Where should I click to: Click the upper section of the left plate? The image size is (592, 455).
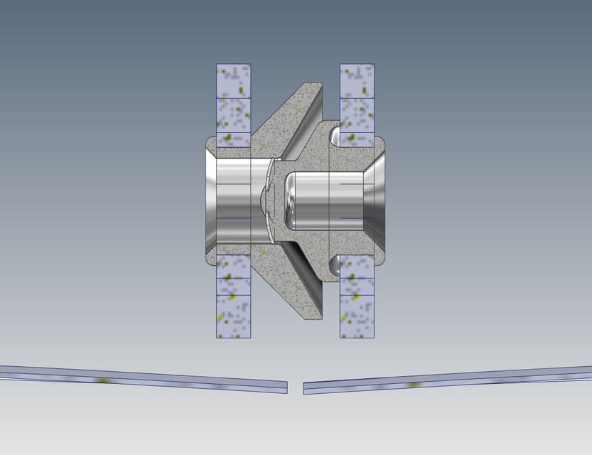coord(234,105)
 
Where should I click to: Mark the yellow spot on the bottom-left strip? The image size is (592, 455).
coord(103,380)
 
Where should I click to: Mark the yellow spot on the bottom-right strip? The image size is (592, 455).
coord(413,385)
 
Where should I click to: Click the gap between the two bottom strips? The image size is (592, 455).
coord(295,387)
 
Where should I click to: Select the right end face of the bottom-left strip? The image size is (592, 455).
coord(286,387)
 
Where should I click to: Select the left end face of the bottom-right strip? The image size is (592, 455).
coord(304,388)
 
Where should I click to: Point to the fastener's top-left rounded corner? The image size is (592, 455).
coord(209,139)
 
